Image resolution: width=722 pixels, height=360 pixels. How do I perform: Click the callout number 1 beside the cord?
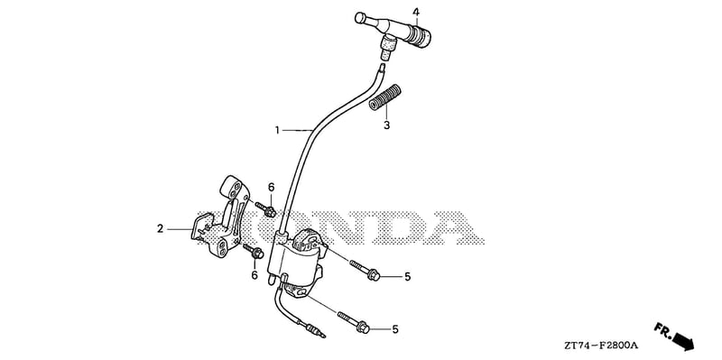277,131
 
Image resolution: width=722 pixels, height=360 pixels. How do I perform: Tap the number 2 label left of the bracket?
161,228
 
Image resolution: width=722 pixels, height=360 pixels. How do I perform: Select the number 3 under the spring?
387,125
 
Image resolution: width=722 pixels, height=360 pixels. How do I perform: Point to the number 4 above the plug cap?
416,12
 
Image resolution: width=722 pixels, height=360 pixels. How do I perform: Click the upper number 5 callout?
408,277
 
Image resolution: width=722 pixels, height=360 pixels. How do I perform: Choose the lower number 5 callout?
395,329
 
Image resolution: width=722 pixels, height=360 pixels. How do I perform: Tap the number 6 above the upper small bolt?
272,188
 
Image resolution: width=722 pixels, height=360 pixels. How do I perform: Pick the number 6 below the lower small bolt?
255,275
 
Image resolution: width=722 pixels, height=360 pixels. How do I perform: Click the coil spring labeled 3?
385,97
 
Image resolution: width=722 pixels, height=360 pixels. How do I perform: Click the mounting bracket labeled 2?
221,217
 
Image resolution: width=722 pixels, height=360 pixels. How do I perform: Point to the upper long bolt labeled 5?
365,271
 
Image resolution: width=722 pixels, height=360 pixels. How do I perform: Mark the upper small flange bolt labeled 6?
265,209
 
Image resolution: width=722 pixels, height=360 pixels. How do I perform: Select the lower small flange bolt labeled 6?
253,251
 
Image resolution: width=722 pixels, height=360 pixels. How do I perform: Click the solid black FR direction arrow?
683,342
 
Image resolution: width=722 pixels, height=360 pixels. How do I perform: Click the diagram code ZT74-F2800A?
603,346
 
